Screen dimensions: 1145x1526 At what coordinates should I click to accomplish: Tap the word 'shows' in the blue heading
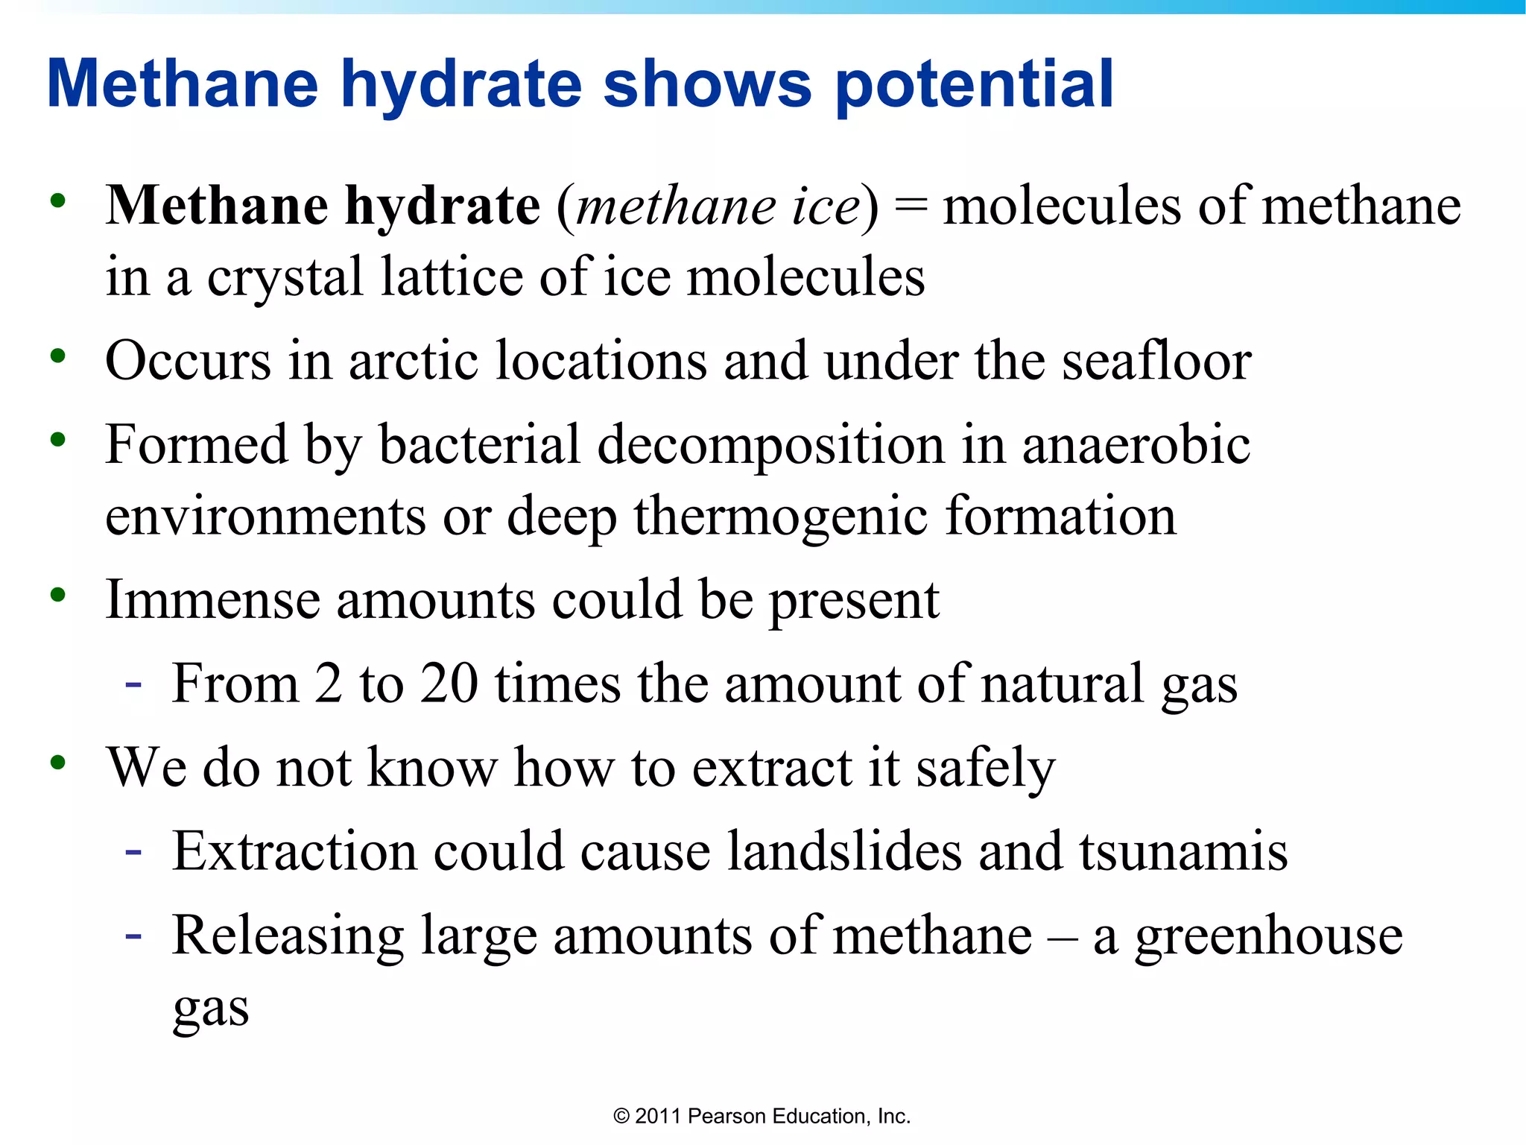pyautogui.click(x=707, y=84)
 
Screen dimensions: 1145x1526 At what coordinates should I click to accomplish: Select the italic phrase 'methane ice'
pyautogui.click(x=718, y=206)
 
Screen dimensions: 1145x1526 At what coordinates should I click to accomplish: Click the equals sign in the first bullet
pyautogui.click(x=911, y=206)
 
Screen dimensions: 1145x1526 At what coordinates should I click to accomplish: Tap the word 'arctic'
pyautogui.click(x=414, y=361)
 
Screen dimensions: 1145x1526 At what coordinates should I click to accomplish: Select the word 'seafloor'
pyautogui.click(x=1156, y=361)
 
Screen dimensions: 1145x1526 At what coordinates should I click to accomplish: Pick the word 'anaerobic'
pyautogui.click(x=1136, y=445)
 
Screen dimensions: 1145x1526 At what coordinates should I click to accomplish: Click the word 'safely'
pyautogui.click(x=986, y=769)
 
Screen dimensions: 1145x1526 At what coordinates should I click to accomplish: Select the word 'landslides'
pyautogui.click(x=844, y=851)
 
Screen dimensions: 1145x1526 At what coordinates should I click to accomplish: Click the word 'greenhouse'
pyautogui.click(x=1269, y=937)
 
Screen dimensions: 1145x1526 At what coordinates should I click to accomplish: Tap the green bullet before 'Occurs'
pyautogui.click(x=58, y=356)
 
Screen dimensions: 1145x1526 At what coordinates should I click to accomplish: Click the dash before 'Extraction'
pyautogui.click(x=134, y=851)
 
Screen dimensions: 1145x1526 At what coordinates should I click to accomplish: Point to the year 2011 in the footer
pyautogui.click(x=658, y=1116)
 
